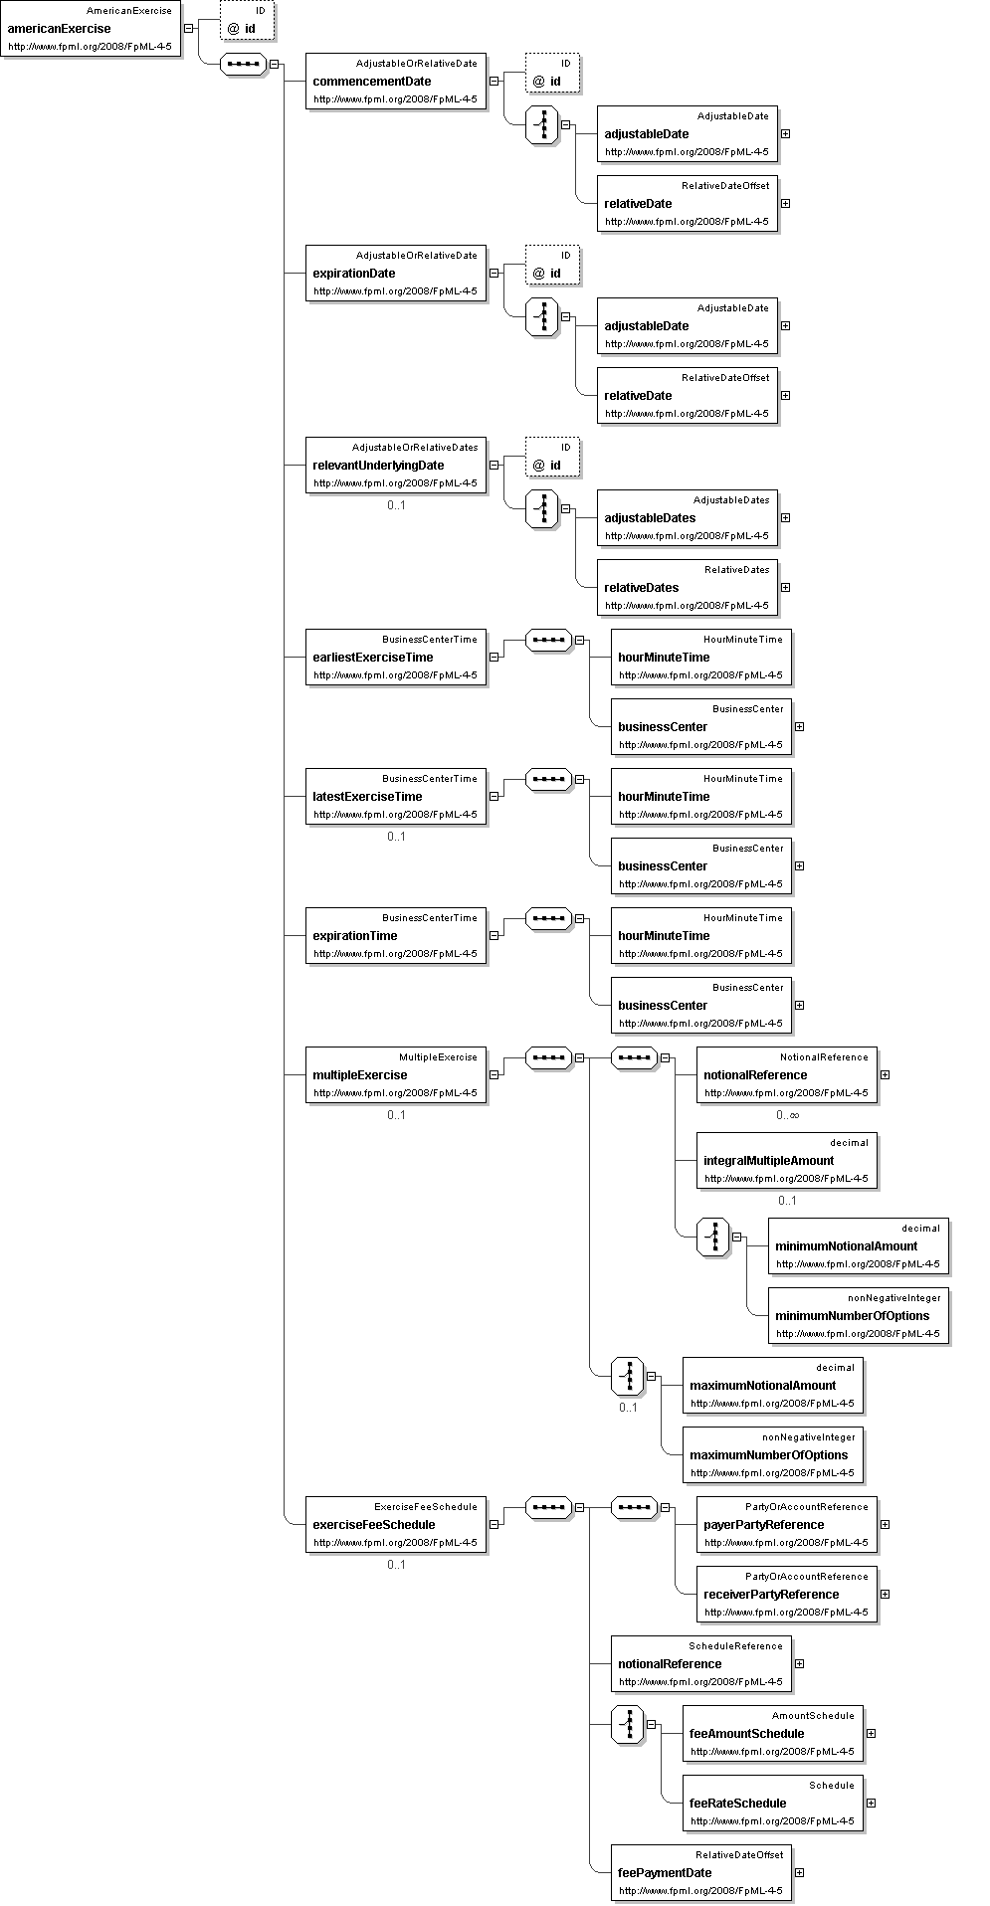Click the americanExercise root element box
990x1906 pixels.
click(x=91, y=29)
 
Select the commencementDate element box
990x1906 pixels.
click(x=395, y=82)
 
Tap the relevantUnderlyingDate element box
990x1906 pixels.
click(x=395, y=466)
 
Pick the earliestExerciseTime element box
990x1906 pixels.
click(x=395, y=658)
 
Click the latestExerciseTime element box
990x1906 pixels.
click(x=395, y=797)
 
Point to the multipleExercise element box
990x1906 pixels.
click(x=395, y=1075)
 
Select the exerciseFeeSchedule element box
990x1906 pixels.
click(x=395, y=1525)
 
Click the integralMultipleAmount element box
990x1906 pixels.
click(x=786, y=1161)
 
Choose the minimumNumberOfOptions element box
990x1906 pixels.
click(x=858, y=1316)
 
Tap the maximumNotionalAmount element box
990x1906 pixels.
click(x=772, y=1386)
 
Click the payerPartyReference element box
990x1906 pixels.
click(x=786, y=1525)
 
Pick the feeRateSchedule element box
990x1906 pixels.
click(x=772, y=1804)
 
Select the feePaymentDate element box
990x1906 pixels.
click(x=700, y=1873)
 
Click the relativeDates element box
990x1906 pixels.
click(x=687, y=588)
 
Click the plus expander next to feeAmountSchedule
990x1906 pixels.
click(x=871, y=1733)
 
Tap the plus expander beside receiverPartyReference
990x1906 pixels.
click(x=885, y=1594)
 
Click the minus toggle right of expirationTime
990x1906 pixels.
click(x=494, y=935)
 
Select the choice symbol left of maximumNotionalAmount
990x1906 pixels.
click(x=628, y=1377)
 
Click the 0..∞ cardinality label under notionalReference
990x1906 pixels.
click(x=788, y=1115)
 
